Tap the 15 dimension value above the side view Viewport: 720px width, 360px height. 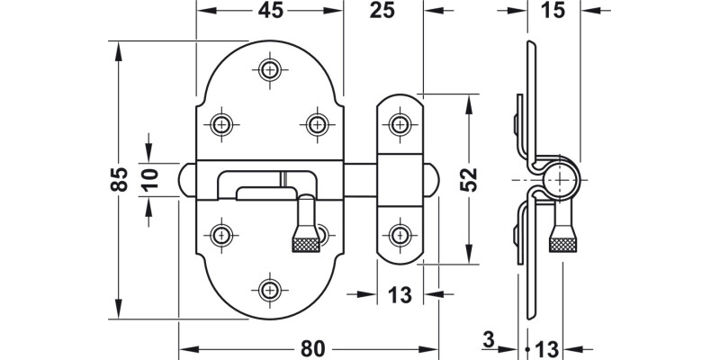[553, 11]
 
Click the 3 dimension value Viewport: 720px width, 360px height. [487, 340]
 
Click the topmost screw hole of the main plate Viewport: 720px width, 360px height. [269, 69]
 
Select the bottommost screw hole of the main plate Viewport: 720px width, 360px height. [269, 289]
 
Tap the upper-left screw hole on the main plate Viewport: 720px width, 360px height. [220, 123]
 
